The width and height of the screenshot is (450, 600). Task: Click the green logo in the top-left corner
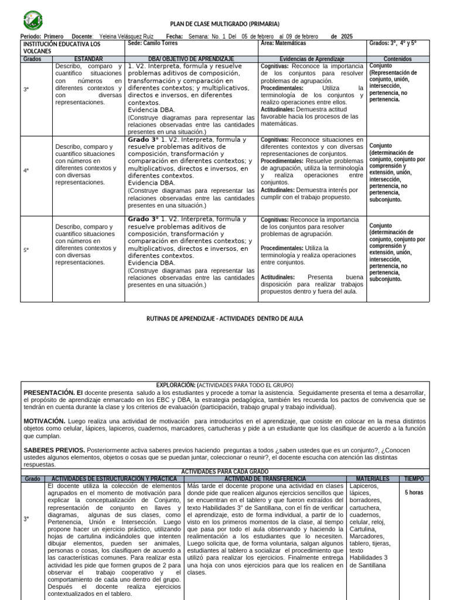(32, 21)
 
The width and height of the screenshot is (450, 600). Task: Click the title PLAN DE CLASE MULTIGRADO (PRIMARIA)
(225, 23)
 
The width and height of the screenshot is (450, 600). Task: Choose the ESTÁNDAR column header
(88, 59)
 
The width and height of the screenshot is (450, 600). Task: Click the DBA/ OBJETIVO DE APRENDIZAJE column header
(191, 59)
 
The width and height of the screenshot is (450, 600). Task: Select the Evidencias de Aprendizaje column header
(312, 59)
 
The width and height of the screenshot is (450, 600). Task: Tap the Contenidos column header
(397, 59)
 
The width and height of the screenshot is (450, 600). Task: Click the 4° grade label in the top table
(26, 171)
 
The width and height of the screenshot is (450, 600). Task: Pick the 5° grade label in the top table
(26, 250)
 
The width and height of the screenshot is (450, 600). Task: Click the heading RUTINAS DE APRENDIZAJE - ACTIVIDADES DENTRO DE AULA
(224, 318)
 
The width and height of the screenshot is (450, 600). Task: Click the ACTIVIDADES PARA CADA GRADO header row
(225, 471)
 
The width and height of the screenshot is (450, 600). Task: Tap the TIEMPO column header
(414, 479)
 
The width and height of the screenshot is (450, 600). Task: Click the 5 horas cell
(414, 493)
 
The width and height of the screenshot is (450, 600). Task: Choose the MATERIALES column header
(371, 479)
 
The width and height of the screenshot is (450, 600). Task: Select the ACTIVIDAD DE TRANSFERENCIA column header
(265, 479)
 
